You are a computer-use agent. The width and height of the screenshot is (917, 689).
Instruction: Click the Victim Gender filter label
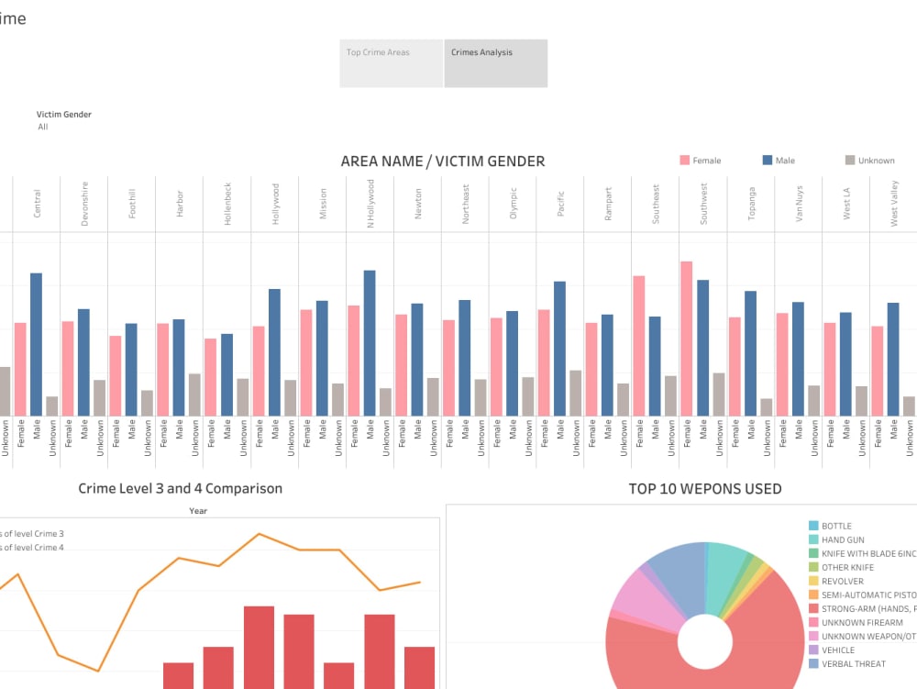pyautogui.click(x=64, y=115)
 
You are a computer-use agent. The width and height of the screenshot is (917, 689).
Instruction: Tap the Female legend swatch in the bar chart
pyautogui.click(x=685, y=161)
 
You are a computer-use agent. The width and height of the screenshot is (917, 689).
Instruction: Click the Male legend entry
pyautogui.click(x=779, y=161)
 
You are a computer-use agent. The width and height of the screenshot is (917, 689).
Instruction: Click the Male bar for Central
pyautogui.click(x=37, y=344)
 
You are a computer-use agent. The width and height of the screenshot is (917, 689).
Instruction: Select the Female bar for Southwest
pyautogui.click(x=686, y=339)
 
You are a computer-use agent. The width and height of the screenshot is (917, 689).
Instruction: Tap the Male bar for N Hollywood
pyautogui.click(x=370, y=343)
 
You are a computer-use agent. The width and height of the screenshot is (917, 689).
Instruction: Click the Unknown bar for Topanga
pyautogui.click(x=767, y=407)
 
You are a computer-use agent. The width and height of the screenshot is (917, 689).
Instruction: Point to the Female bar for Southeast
pyautogui.click(x=638, y=346)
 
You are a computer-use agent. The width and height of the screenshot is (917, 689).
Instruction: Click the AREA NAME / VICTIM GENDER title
pyautogui.click(x=443, y=161)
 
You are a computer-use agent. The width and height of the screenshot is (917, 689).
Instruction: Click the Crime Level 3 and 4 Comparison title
pyautogui.click(x=181, y=489)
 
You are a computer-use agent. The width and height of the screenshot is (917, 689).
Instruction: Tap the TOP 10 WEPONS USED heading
pyautogui.click(x=704, y=489)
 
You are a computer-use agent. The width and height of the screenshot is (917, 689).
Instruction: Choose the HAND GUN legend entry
pyautogui.click(x=843, y=540)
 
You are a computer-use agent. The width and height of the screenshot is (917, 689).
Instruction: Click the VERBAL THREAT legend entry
pyautogui.click(x=853, y=663)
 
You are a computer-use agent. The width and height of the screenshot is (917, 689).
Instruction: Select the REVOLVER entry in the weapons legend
pyautogui.click(x=843, y=582)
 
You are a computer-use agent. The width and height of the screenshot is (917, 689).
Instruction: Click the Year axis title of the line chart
pyautogui.click(x=198, y=511)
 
